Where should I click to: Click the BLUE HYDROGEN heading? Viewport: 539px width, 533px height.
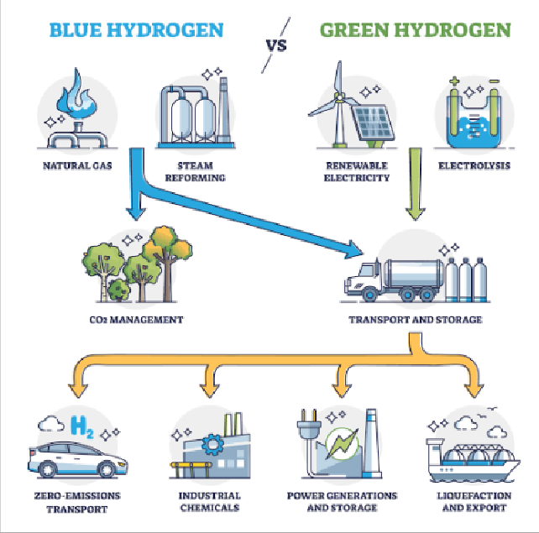click(x=137, y=30)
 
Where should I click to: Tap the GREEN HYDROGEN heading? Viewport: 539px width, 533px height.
click(x=416, y=30)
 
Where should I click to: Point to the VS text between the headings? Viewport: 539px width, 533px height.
click(x=276, y=45)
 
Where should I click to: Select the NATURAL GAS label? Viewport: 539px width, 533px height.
click(x=77, y=165)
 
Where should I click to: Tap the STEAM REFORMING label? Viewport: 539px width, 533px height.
click(x=196, y=171)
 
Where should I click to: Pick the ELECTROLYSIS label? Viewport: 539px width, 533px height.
click(x=474, y=165)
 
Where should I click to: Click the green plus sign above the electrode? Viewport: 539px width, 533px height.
click(x=454, y=81)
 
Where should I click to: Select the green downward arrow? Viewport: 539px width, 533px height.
click(x=416, y=184)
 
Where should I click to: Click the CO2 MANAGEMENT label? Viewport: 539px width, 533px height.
click(x=136, y=320)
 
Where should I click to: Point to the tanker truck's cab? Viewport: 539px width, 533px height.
click(x=364, y=279)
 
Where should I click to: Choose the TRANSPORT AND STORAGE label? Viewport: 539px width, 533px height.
click(x=416, y=320)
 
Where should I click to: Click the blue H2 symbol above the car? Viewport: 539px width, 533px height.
click(x=81, y=426)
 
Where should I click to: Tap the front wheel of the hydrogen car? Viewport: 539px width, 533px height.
click(x=107, y=468)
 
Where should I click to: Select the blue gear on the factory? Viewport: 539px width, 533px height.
click(x=212, y=444)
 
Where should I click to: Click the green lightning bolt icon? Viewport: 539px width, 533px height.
click(x=342, y=444)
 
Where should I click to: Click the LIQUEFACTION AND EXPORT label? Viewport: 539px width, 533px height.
click(x=474, y=502)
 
